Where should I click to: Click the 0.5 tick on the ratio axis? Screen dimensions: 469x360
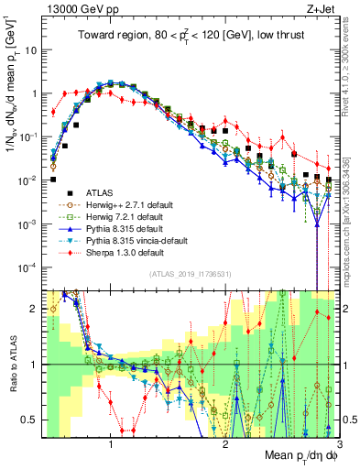[31, 420]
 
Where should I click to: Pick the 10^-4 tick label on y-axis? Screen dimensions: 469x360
[29, 267]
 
